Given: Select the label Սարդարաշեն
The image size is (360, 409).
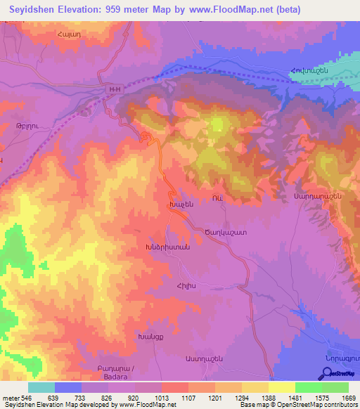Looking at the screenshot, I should point(319,197).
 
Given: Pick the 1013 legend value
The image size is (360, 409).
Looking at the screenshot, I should point(163,398).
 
